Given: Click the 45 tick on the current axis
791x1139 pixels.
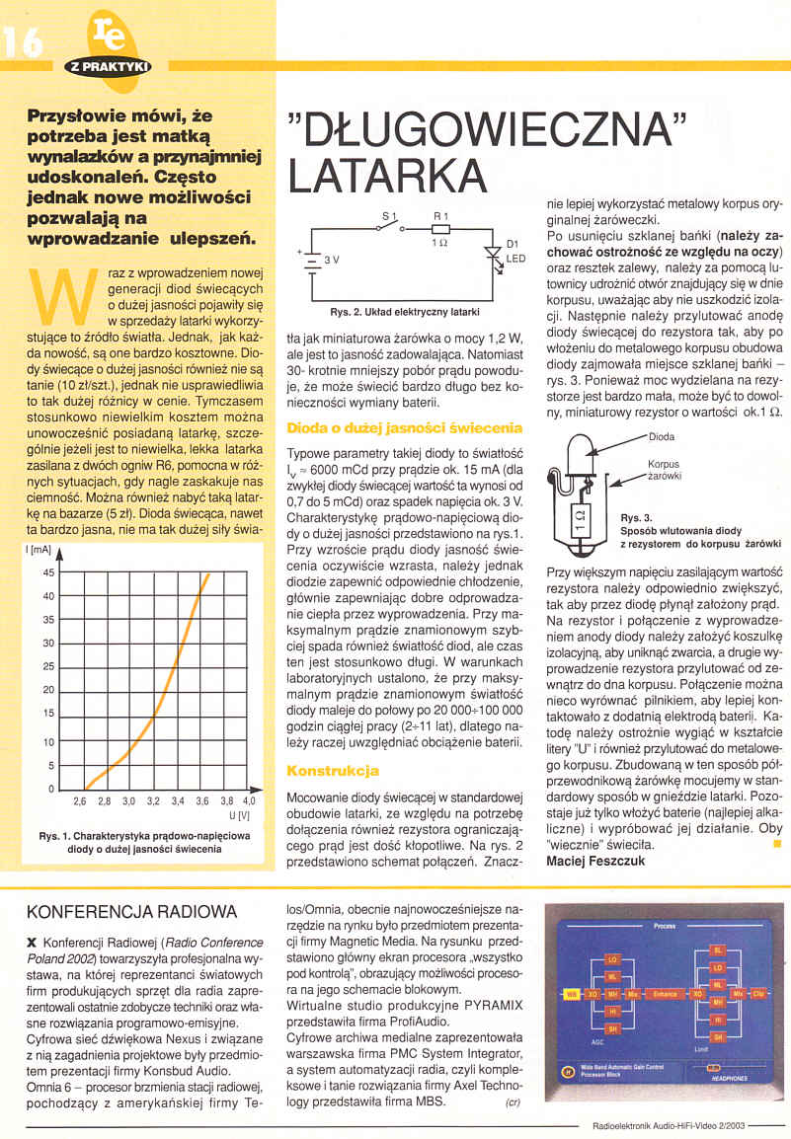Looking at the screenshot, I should coord(48,572).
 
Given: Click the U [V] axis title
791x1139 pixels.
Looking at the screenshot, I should coord(240,817).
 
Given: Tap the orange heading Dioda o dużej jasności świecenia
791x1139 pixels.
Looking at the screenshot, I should coord(404,429).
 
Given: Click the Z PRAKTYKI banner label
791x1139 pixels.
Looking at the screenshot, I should coord(108,67).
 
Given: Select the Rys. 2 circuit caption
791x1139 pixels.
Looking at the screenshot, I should coord(404,313).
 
